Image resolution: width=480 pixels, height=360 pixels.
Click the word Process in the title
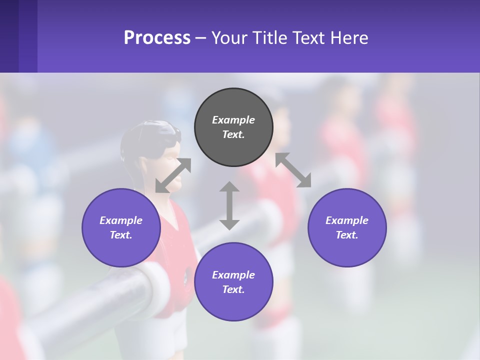157,38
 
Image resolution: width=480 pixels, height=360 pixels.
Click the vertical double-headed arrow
229,205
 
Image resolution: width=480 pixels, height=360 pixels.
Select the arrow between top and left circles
173,175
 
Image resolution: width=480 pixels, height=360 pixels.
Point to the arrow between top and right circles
293,170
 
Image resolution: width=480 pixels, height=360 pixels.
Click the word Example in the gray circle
233,120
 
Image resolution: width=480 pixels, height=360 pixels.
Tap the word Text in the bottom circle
232,289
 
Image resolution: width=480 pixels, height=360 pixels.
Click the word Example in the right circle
347,220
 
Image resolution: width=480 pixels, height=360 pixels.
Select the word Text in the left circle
120,235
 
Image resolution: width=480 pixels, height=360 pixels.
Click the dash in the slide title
201,38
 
